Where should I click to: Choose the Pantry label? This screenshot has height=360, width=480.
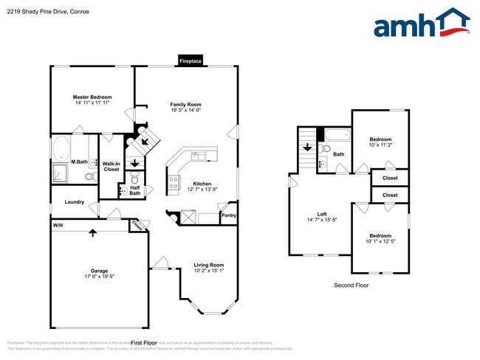point(229,215)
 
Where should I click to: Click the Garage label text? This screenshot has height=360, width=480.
point(92,272)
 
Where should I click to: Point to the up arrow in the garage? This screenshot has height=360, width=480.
point(93,233)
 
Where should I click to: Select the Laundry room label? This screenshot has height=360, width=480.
point(74,202)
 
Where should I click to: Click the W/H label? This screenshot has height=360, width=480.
point(57,225)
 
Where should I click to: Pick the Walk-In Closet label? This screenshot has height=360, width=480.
point(111,167)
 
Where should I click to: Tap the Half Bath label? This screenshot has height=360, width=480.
point(135,190)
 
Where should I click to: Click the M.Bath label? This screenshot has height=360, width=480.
point(80,162)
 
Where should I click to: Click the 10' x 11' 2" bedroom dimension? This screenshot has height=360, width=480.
point(380,145)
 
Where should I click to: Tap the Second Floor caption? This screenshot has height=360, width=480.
point(351,285)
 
